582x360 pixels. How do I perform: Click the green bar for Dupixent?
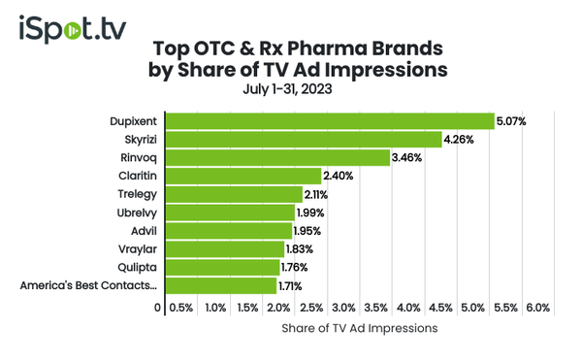330,121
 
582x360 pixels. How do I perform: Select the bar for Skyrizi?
304,140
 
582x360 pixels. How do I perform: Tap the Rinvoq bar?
277,158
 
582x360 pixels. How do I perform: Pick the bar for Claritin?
242,176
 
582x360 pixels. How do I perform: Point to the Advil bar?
228,230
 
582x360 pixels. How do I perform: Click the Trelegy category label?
138,194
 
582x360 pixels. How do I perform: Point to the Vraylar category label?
138,248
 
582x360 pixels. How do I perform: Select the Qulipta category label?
138,267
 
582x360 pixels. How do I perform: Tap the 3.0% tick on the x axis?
344,308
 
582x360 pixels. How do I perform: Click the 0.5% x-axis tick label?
181,308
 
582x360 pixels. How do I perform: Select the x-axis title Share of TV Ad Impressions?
359,329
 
